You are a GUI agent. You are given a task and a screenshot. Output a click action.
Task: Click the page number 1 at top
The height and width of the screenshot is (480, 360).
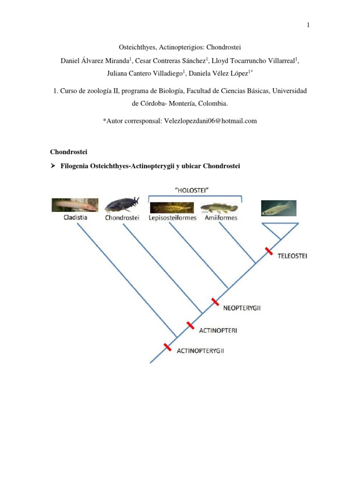308,25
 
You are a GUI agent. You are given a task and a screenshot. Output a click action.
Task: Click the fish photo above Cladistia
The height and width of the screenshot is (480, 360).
75,205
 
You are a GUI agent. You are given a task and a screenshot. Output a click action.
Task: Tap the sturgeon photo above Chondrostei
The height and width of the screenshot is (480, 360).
122,205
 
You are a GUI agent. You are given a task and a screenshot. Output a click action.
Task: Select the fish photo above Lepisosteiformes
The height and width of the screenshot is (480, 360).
172,207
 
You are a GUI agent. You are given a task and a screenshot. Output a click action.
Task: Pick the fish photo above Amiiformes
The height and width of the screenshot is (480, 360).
219,207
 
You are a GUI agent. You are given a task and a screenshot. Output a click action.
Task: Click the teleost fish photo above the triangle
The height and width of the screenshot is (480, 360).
278,208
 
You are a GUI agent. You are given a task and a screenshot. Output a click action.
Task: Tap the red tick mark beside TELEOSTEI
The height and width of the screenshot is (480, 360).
269,251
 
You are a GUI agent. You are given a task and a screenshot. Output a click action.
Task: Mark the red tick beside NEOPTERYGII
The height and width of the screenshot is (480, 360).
215,301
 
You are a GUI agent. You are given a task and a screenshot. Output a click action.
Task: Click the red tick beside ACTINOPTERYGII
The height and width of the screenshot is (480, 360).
167,347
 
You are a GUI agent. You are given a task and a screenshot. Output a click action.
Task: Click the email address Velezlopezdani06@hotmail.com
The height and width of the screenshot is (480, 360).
210,121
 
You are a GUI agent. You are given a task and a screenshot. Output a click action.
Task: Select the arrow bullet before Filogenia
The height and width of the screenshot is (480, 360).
53,166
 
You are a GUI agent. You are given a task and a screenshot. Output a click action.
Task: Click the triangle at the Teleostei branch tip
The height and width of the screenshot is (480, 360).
280,231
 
